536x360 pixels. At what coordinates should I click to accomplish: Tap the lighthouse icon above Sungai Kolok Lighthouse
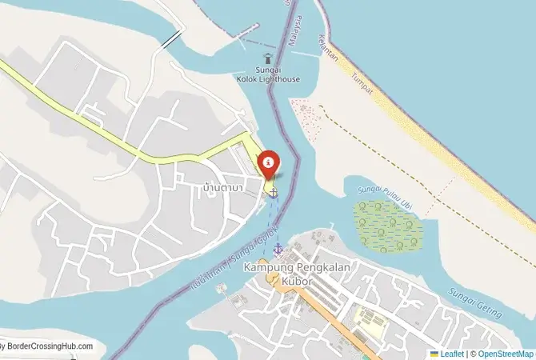click(267, 58)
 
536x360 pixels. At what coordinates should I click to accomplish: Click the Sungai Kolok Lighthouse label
click(267, 74)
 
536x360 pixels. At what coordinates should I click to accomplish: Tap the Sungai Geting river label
click(475, 302)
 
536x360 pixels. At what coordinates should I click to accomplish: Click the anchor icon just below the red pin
click(274, 192)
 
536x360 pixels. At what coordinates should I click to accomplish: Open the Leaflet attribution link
click(452, 353)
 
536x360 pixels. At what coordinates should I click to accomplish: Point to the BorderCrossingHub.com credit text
click(48, 346)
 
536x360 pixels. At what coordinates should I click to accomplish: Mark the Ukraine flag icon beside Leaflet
click(434, 353)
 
